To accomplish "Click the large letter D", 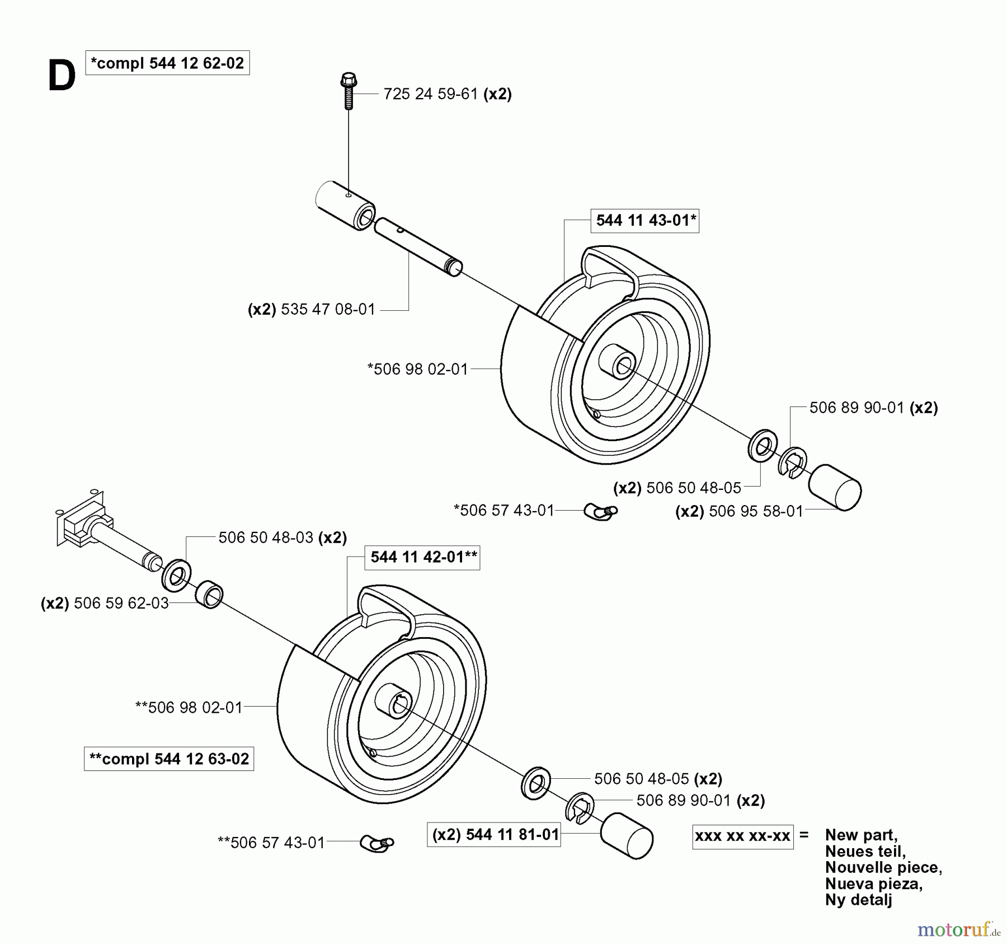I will pyautogui.click(x=62, y=77).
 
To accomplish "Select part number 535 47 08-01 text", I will pyautogui.click(x=328, y=310).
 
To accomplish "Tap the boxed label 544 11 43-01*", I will pyautogui.click(x=645, y=221).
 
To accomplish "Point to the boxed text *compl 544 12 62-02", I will pyautogui.click(x=167, y=63).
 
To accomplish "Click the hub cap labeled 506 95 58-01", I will pyautogui.click(x=835, y=487).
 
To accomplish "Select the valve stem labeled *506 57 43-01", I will pyautogui.click(x=600, y=511).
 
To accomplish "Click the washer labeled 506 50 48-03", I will pyautogui.click(x=176, y=574).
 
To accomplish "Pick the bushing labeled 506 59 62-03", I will pyautogui.click(x=209, y=595).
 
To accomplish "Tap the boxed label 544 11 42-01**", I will pyautogui.click(x=422, y=557).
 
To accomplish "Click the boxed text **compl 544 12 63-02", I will pyautogui.click(x=169, y=759).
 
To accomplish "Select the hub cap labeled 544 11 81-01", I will pyautogui.click(x=626, y=835).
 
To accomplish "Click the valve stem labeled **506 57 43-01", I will pyautogui.click(x=377, y=842).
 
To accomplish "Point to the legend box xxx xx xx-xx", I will pyautogui.click(x=742, y=836).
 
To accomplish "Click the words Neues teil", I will pyautogui.click(x=865, y=851).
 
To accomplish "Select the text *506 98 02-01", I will pyautogui.click(x=417, y=370).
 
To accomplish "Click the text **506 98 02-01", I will pyautogui.click(x=189, y=708).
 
